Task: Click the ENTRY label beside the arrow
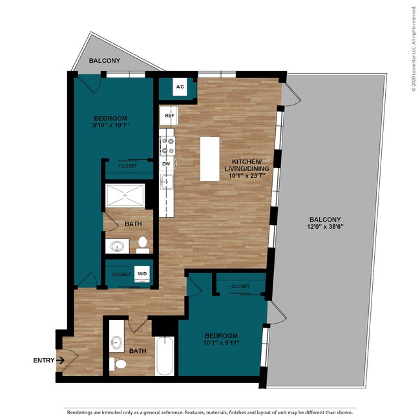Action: coord(44,361)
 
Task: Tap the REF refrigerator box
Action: coord(169,116)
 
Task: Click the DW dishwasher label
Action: coord(166,163)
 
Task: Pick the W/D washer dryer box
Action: coord(142,274)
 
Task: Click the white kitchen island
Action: coord(209,158)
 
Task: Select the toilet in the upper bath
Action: coord(143,244)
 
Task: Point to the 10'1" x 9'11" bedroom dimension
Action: coord(222,344)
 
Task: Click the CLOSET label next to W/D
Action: coord(121,274)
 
